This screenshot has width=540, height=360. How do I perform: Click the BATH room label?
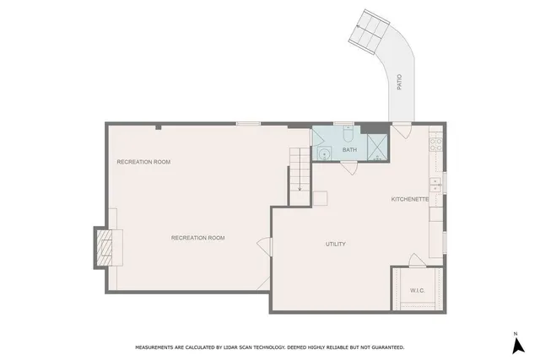click(349, 151)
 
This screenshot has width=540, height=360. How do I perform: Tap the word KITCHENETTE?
click(410, 199)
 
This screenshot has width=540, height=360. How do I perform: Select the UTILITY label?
click(336, 244)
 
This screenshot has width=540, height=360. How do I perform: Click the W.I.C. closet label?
click(417, 291)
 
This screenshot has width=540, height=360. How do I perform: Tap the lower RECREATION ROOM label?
click(198, 238)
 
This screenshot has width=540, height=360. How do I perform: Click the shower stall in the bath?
click(376, 147)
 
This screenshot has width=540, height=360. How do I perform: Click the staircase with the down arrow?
click(300, 174)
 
